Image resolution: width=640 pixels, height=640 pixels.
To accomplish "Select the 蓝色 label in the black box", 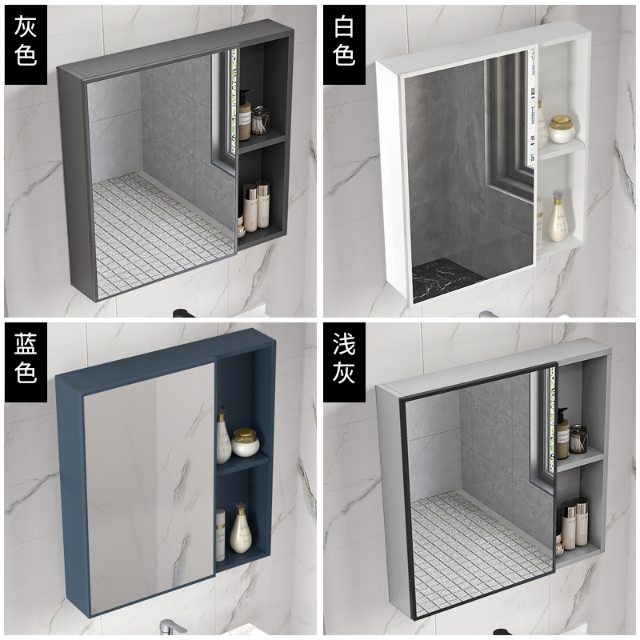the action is (26, 358).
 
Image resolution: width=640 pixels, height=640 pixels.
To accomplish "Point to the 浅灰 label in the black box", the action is (344, 358).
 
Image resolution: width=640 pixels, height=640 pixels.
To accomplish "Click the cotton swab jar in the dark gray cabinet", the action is (261, 121).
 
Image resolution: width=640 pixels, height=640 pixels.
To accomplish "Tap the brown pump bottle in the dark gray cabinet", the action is (245, 115).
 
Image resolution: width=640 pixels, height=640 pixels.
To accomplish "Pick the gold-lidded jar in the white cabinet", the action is (562, 129).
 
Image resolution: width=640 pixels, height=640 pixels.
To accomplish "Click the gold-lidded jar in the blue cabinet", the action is (246, 442).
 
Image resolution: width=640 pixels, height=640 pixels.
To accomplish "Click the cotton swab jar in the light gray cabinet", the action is (578, 438).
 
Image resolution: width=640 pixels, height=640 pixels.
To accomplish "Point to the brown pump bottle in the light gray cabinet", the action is (562, 434).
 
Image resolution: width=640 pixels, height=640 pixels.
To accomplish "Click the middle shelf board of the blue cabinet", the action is (243, 465).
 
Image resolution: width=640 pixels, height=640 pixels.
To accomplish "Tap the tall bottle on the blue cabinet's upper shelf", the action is (223, 435).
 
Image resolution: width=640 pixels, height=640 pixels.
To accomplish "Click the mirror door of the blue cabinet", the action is (150, 487).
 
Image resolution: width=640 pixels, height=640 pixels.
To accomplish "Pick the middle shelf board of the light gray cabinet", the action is (580, 459).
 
